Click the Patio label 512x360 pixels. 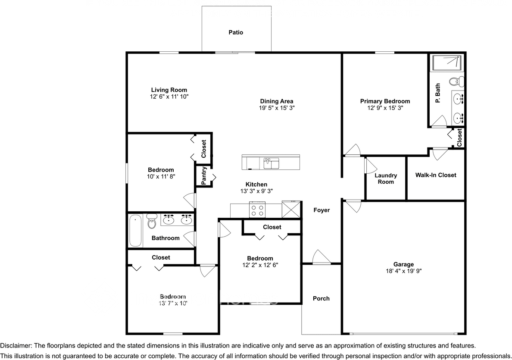[x=236, y=32]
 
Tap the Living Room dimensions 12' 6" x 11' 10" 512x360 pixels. [x=166, y=97]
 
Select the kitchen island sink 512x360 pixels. [x=271, y=163]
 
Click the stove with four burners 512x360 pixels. [x=258, y=210]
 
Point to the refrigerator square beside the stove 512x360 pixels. [x=290, y=209]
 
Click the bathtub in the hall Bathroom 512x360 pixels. [x=135, y=231]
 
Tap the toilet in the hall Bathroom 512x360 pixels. [x=151, y=222]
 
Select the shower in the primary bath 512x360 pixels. [x=447, y=63]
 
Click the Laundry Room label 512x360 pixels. [x=386, y=178]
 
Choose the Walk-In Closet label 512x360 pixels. [x=436, y=175]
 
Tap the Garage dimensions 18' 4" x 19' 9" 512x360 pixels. [x=403, y=271]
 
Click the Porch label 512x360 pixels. [x=321, y=298]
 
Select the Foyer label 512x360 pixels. [x=322, y=210]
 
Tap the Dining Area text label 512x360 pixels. [x=276, y=101]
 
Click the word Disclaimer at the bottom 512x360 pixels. [x=16, y=346]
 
